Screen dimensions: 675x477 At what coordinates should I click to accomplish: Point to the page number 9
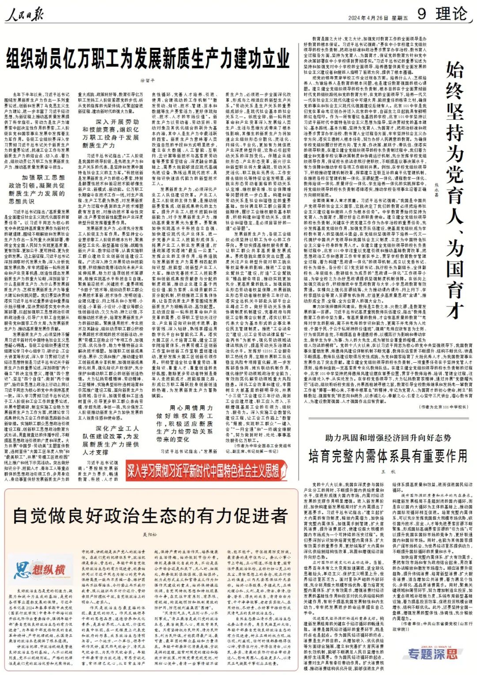421,14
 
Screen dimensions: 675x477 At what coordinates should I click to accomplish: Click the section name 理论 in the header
451,14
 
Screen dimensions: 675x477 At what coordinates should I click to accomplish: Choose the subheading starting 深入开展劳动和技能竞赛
110,133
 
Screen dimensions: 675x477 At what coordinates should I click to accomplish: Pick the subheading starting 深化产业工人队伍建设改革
110,440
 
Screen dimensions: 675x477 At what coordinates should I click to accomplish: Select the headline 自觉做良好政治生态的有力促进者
150,516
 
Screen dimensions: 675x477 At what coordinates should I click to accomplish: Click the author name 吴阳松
150,535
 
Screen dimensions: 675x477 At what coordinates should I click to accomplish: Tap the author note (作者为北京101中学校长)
443,407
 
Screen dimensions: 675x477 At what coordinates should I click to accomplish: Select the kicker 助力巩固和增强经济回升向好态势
388,438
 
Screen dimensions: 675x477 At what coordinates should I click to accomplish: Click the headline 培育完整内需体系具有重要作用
388,456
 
